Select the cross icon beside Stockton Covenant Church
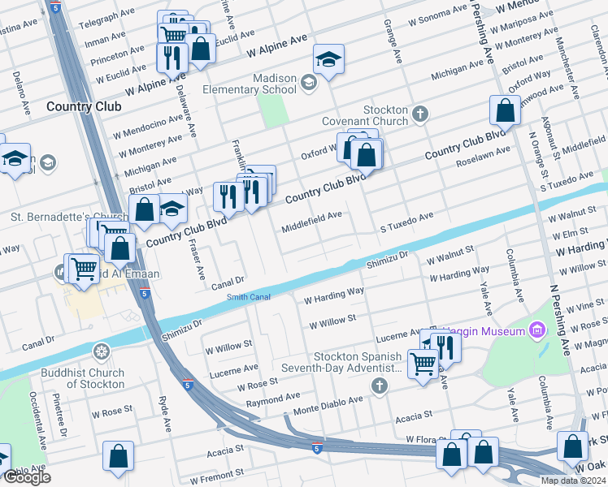click(420, 113)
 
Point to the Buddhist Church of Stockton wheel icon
click(102, 351)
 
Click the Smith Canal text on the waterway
click(248, 297)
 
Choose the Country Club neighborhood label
click(84, 106)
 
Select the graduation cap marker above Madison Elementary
click(328, 59)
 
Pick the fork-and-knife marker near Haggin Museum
click(445, 346)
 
